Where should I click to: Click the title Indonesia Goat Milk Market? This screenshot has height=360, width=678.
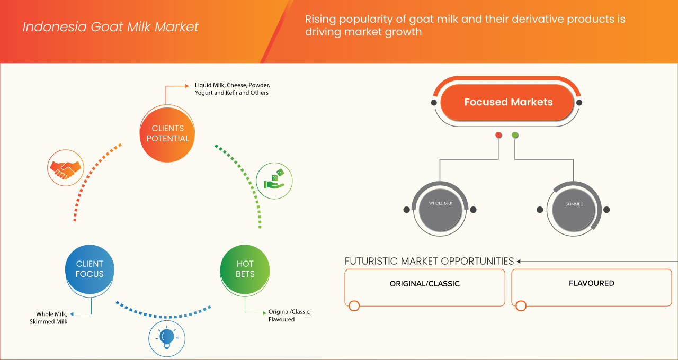111,26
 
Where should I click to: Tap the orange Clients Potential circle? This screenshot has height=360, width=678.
168,133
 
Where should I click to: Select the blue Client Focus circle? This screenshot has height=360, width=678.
90,268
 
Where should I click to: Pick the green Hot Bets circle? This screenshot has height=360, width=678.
245,268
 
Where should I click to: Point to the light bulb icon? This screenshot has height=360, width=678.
167,337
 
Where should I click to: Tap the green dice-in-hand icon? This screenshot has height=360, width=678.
274,181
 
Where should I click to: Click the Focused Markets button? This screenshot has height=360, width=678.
508,102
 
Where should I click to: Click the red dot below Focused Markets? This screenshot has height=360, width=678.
498,136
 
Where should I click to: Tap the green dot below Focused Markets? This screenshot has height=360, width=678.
515,136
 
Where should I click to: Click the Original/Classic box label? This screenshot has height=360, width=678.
424,284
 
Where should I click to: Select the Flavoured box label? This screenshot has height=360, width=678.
591,283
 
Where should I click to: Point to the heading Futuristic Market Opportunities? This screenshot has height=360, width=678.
429,261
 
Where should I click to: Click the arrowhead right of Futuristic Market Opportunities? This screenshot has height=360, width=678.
519,261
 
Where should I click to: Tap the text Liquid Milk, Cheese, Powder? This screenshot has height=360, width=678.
232,85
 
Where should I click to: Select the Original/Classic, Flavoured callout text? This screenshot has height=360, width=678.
289,316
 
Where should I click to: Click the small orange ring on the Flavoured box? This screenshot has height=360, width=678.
521,305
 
